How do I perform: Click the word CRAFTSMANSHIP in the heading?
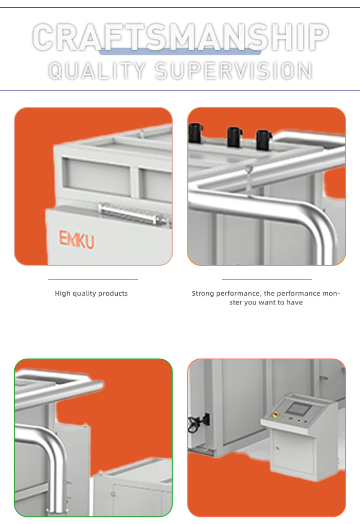180,37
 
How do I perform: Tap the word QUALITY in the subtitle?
97,71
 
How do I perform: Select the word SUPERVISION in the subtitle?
234,71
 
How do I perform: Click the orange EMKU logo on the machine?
77,239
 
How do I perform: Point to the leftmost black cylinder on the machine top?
196,133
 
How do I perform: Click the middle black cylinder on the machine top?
235,136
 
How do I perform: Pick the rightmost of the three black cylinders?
264,139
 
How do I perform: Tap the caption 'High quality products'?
91,293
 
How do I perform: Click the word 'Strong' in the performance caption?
203,293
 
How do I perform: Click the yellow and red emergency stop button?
276,414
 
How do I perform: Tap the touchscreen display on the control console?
299,409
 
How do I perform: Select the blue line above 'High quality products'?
93,279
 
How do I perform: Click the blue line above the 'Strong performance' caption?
267,279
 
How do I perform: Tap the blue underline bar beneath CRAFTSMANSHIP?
180,52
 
